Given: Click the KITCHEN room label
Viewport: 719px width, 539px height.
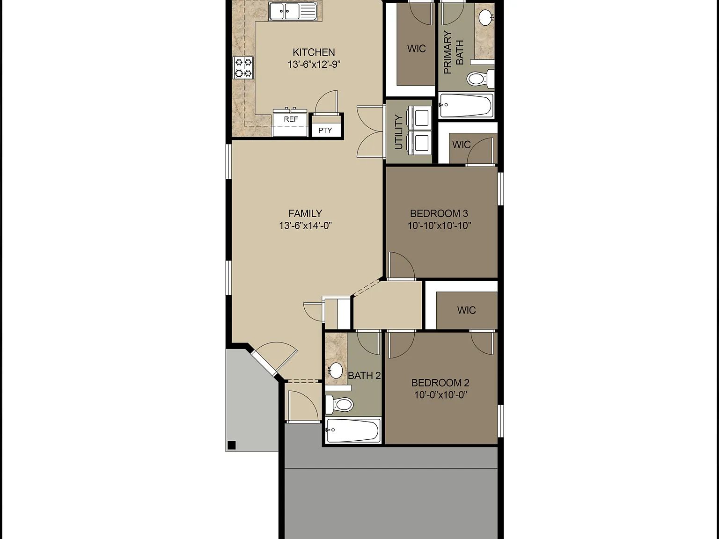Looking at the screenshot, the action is coord(314,52).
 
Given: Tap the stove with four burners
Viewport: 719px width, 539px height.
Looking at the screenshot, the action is coord(243,68).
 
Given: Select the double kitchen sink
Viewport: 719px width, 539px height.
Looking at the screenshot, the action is coord(293,11).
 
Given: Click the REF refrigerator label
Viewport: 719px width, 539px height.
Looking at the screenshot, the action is coord(291,119).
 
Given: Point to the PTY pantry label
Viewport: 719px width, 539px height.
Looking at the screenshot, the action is coord(325,130).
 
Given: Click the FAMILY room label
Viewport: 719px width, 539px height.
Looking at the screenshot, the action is coord(305,213).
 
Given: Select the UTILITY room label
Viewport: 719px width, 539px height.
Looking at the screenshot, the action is coord(398,132).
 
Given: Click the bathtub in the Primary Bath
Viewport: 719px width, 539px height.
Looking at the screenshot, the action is coord(466,105).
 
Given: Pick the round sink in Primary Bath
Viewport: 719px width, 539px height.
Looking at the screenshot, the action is coord(486,17).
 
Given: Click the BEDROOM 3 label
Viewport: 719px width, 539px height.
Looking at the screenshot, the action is coord(439,213).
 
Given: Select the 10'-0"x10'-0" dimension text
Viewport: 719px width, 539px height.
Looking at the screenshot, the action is coord(440,395).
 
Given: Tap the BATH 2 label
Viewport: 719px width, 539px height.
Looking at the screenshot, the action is coord(364,376).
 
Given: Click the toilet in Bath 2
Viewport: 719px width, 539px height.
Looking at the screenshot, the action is coord(339,404).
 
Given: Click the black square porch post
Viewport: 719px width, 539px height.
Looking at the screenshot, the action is coord(232,445).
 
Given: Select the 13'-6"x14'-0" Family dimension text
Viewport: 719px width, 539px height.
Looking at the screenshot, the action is coord(305,226).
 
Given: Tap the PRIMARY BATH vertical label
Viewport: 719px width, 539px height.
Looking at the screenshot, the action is coord(454,52).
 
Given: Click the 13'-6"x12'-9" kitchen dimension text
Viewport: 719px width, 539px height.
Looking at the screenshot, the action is coord(314,65).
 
